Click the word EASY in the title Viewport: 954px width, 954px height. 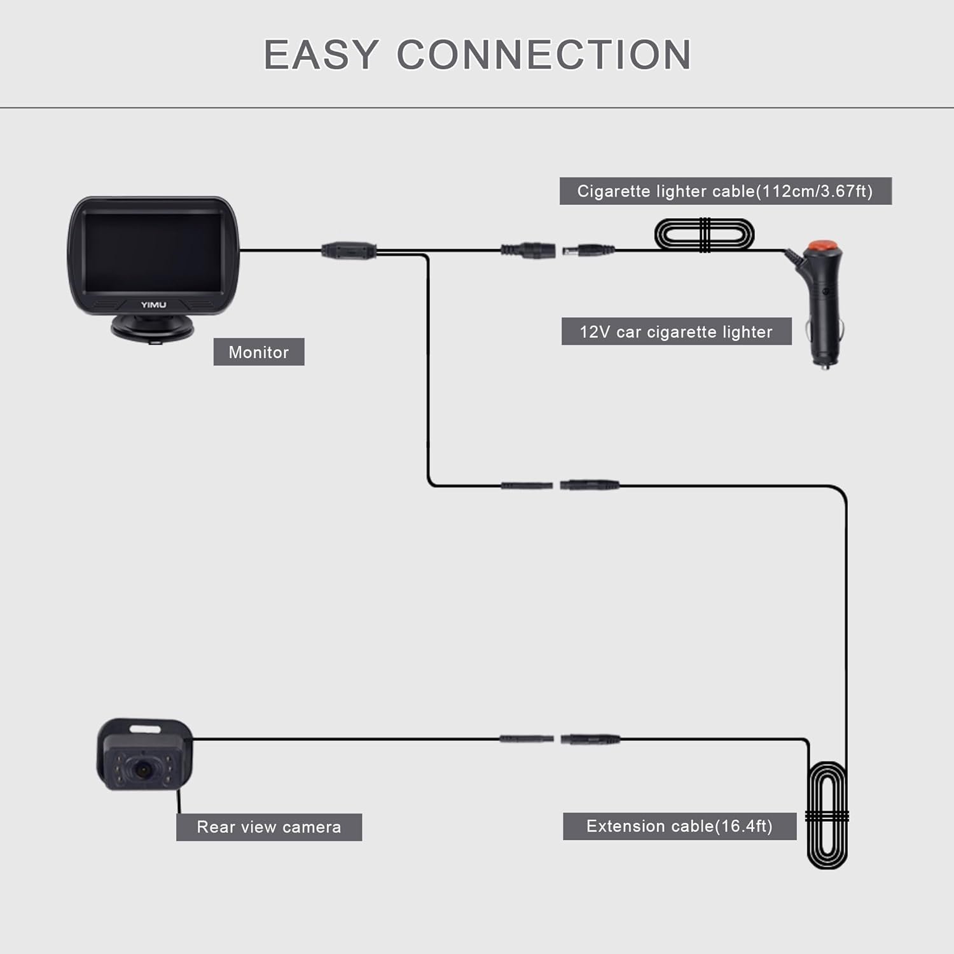coord(321,55)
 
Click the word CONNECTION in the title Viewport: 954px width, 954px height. coord(544,55)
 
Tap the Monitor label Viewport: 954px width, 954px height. coord(259,352)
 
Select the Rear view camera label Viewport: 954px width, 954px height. coord(269,827)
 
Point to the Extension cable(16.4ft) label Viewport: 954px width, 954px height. coord(679,826)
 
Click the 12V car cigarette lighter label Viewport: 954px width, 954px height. coord(676,331)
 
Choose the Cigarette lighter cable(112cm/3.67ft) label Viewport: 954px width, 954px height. coord(726,191)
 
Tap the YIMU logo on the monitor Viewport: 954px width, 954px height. coord(153,305)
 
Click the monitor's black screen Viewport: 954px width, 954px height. coord(153,253)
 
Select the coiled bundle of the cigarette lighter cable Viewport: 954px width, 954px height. coord(705,235)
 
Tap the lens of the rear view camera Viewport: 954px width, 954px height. coord(143,769)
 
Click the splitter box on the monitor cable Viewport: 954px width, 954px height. coord(349,250)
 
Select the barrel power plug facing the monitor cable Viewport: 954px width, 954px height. coord(588,251)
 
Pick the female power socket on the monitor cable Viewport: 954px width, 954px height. coord(528,251)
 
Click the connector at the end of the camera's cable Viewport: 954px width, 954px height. coord(526,739)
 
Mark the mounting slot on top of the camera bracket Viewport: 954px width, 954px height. coord(147,727)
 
